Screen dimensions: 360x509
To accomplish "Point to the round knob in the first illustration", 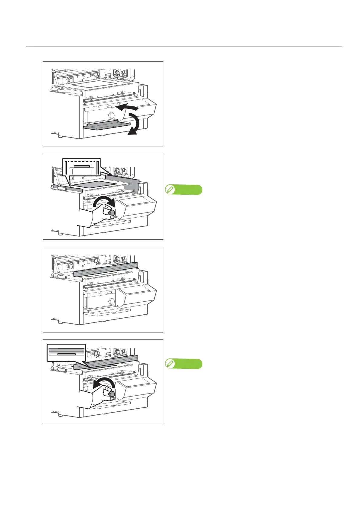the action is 112,115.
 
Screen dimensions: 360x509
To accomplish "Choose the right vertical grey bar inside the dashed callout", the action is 98,168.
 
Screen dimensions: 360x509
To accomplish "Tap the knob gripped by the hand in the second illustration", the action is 112,213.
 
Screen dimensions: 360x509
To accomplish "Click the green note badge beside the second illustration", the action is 184,190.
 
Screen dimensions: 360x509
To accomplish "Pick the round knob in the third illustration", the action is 112,301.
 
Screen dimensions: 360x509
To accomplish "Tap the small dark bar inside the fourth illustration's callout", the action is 67,354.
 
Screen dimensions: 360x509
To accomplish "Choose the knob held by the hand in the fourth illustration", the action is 112,394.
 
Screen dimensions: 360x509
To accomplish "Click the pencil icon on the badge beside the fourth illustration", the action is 170,364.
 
